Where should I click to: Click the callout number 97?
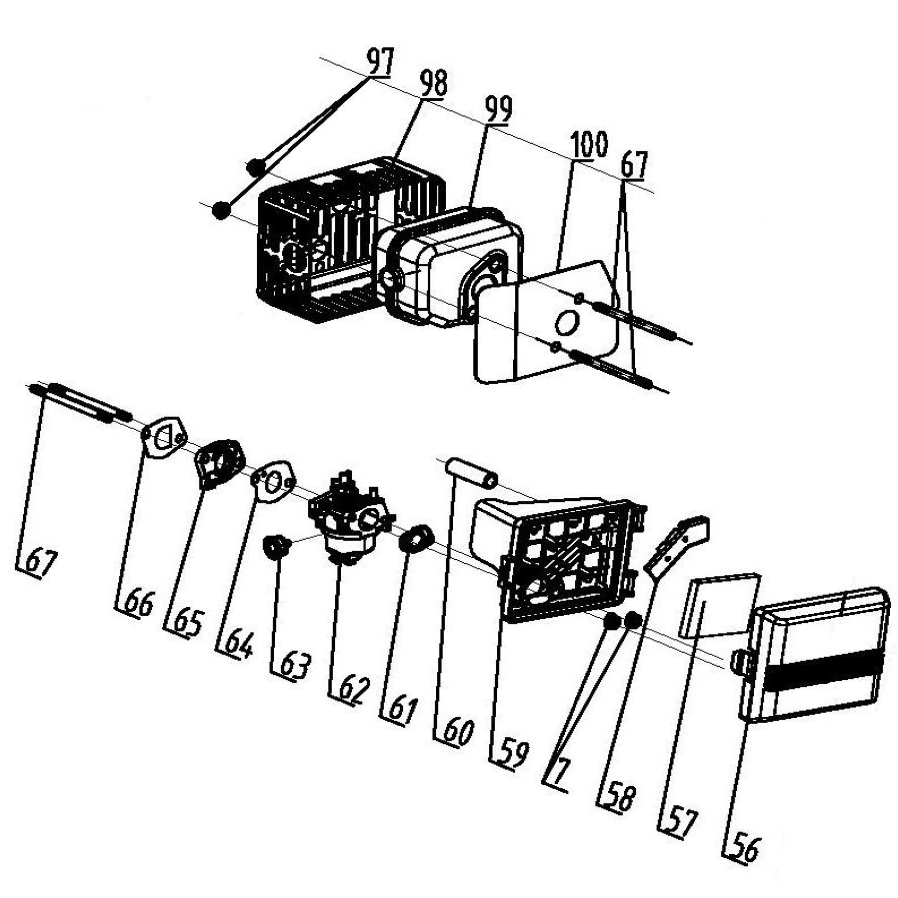point(381,61)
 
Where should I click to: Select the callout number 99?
point(498,109)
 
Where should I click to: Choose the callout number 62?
point(355,690)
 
